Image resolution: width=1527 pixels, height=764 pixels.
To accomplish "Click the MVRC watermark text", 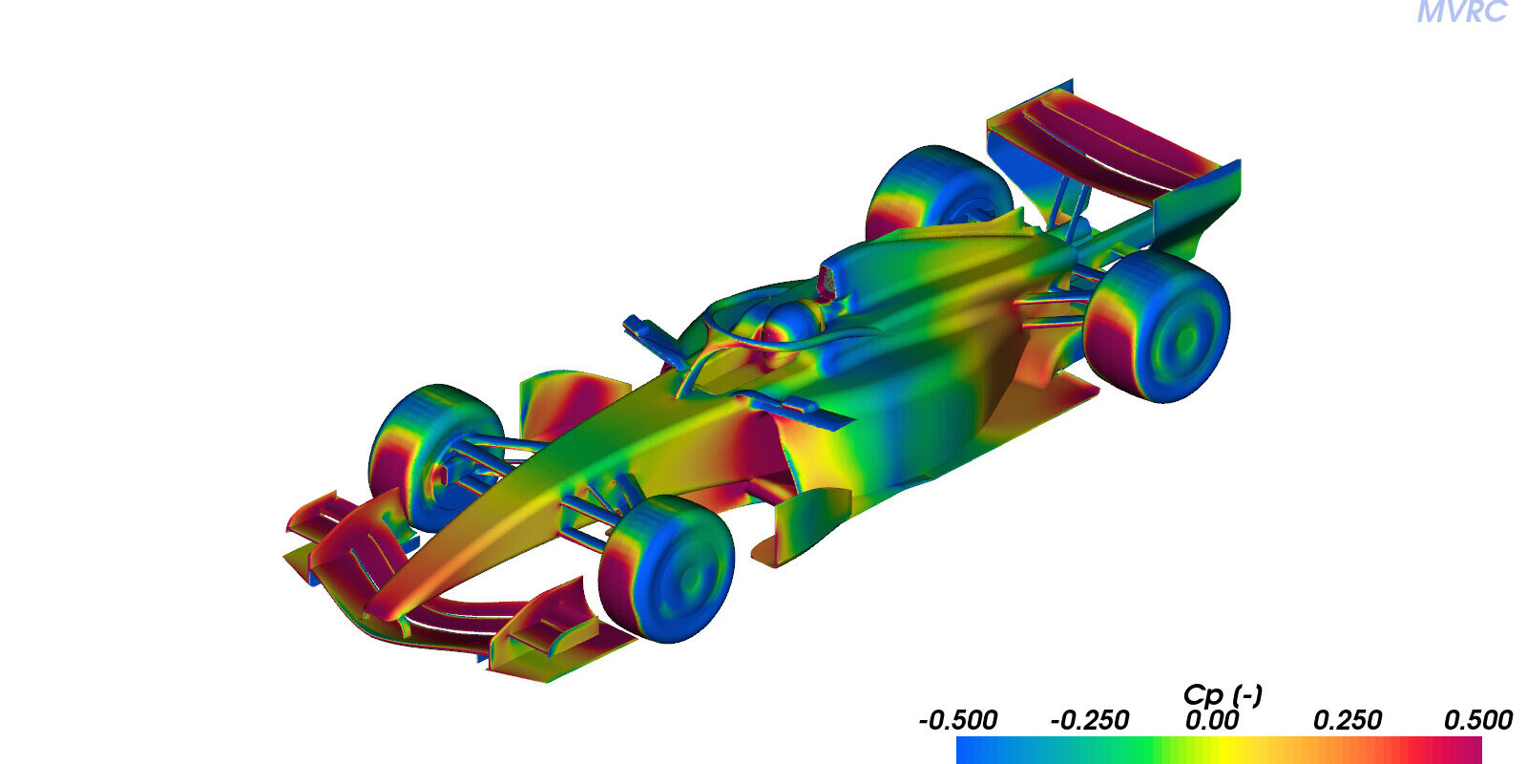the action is coord(1461,11).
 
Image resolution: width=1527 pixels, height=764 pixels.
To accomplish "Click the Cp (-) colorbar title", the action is coord(1223,695).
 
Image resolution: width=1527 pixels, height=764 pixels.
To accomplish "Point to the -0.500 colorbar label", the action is coord(958,720).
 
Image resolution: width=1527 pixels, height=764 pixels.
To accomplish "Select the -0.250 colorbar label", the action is coord(1089,720).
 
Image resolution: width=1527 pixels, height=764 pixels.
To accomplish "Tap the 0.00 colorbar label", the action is coord(1211,720).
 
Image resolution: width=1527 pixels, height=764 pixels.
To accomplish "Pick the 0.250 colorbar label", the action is coord(1347,720).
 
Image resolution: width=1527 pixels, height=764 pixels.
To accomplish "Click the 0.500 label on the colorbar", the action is coord(1478,720).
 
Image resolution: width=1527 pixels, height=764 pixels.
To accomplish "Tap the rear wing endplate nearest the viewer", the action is coord(1198,204).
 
